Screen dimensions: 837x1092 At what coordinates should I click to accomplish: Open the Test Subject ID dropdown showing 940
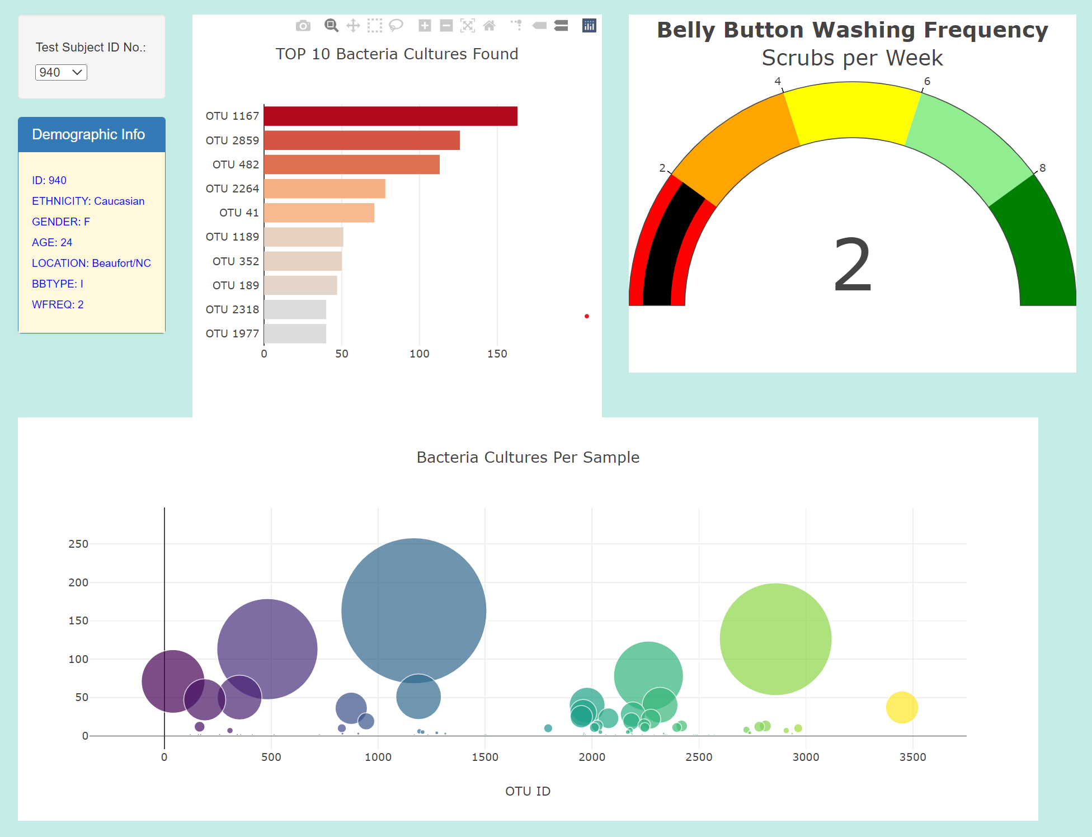[x=61, y=73]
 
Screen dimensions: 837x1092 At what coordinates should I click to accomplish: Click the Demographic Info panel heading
[x=88, y=134]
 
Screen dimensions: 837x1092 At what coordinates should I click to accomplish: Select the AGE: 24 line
[x=52, y=242]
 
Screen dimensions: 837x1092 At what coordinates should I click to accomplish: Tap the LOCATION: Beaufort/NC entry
[x=91, y=263]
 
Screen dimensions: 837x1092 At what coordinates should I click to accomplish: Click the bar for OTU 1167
[x=390, y=116]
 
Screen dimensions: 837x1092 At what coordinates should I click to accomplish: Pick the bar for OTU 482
[x=351, y=164]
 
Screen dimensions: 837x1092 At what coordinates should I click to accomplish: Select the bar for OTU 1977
[x=295, y=333]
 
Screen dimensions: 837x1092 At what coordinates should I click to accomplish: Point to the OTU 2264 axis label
[x=232, y=189]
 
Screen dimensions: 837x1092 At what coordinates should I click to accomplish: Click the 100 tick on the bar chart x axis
[x=419, y=354]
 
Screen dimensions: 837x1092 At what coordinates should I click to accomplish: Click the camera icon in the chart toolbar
[x=303, y=26]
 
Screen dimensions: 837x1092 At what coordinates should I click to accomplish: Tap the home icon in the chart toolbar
[x=489, y=26]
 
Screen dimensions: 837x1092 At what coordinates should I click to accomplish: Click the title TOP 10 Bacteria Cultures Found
[x=397, y=54]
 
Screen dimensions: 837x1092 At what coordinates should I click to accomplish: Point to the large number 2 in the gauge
[x=852, y=265]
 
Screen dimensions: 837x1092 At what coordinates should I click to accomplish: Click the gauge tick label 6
[x=927, y=81]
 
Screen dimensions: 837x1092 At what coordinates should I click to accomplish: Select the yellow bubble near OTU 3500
[x=901, y=707]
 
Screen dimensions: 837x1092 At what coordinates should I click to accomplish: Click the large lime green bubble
[x=775, y=639]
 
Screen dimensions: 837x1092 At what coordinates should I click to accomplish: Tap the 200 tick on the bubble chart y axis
[x=78, y=582]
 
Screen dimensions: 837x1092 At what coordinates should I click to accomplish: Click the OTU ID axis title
[x=528, y=791]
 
